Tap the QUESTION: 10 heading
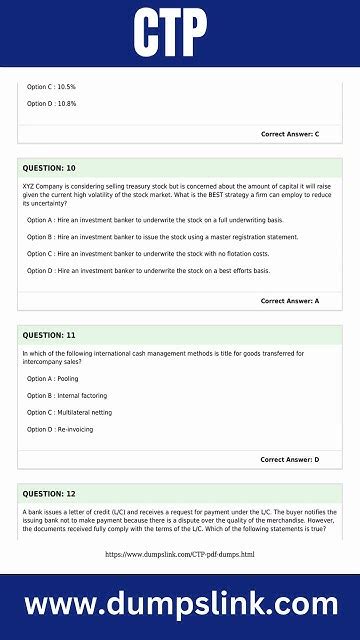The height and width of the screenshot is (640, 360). tap(49, 168)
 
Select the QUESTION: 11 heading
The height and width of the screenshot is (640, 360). tap(49, 335)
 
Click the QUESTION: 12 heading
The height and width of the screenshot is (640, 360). tap(49, 494)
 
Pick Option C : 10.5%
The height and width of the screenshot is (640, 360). tap(52, 87)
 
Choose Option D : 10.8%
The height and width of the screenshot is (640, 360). tap(52, 104)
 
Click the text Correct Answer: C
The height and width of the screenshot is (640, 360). tap(290, 134)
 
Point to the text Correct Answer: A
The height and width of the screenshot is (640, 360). tap(290, 301)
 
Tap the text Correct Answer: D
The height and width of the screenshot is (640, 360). tap(290, 460)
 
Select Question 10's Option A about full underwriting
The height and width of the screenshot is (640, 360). tap(155, 220)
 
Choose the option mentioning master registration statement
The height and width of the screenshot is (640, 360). tap(162, 237)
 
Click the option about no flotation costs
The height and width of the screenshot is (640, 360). tap(148, 254)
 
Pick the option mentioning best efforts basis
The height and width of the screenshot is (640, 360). tap(148, 271)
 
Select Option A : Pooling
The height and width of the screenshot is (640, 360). tap(53, 379)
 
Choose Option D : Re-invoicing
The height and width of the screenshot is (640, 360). tap(60, 429)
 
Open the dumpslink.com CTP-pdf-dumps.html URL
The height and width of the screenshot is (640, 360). tap(180, 554)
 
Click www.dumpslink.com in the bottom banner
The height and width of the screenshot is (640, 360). tap(180, 605)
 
